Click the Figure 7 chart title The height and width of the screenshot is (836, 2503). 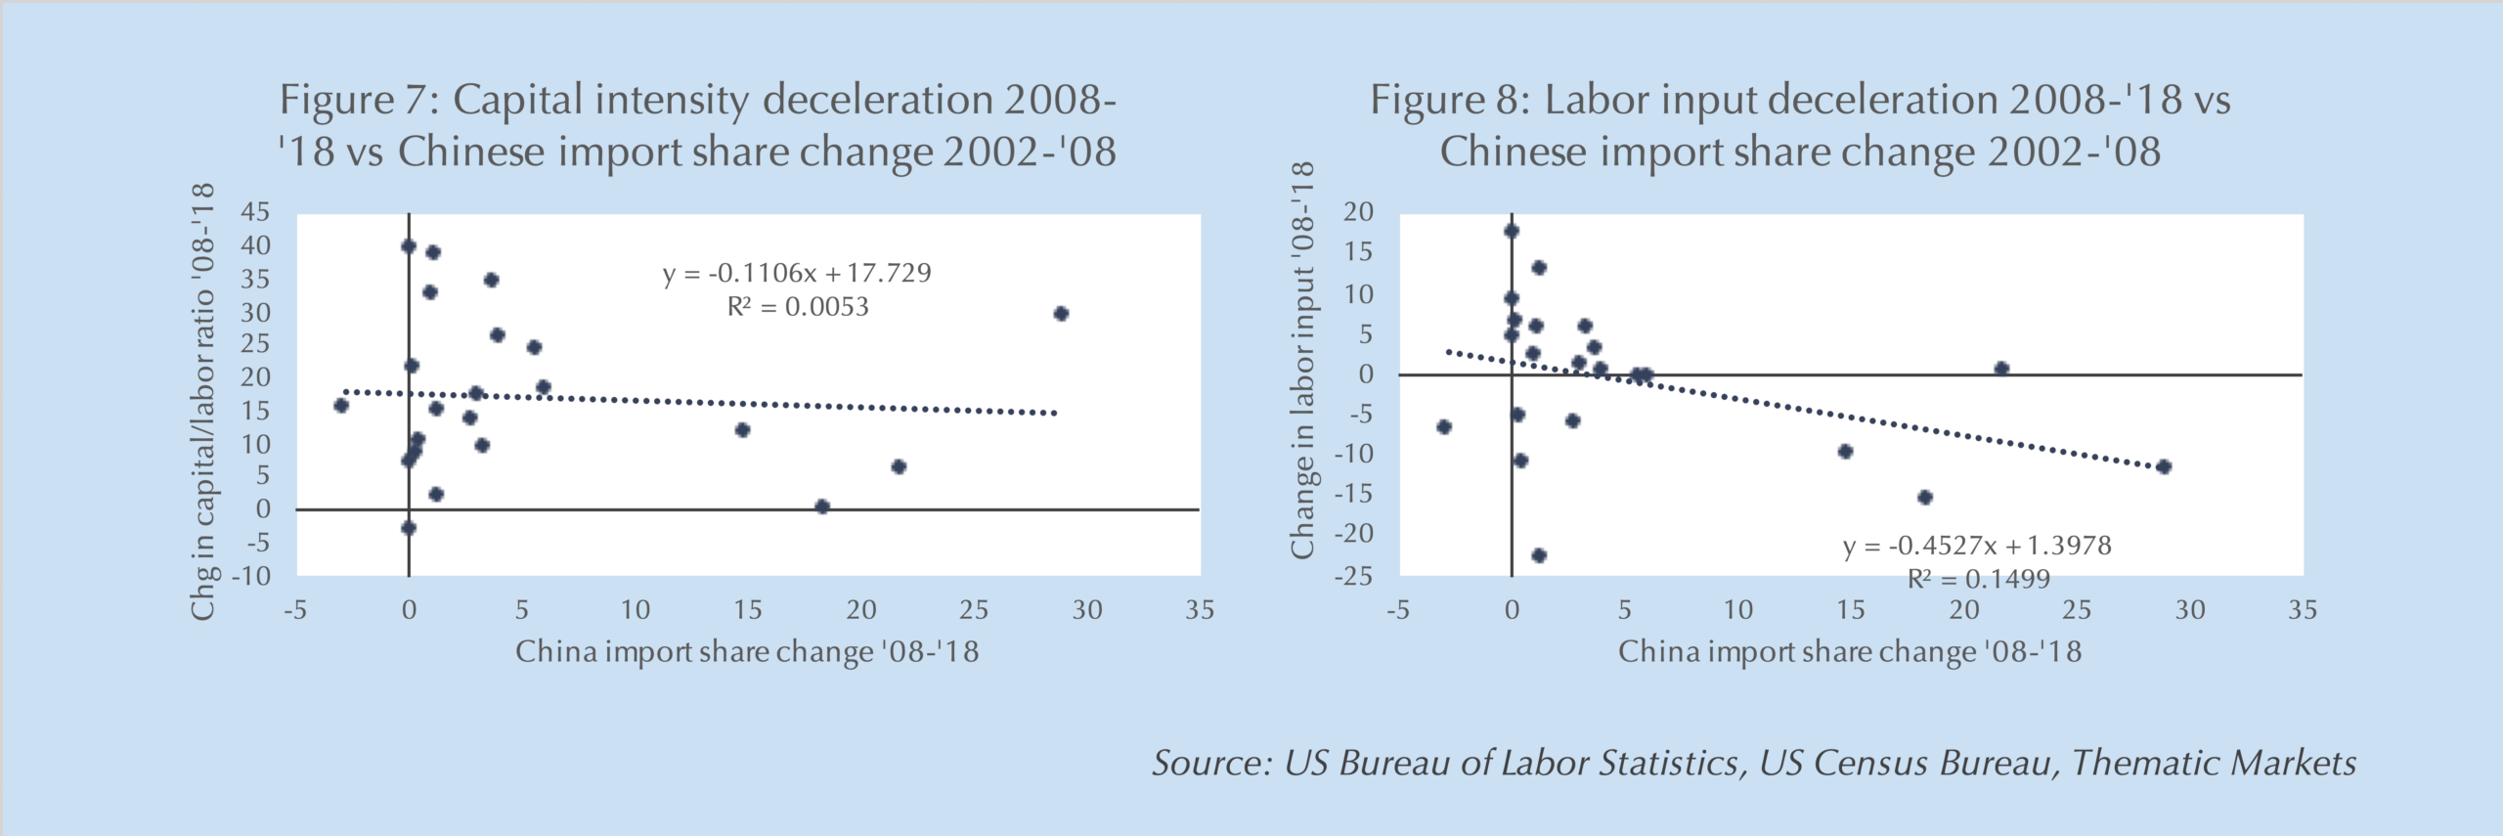pyautogui.click(x=697, y=125)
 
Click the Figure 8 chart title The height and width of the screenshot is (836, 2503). pyautogui.click(x=1800, y=125)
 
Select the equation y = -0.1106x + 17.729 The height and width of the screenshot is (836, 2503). pyautogui.click(x=797, y=273)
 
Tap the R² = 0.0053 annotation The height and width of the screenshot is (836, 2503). pyautogui.click(x=797, y=307)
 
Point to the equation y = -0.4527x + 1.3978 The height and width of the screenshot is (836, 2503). pyautogui.click(x=1977, y=546)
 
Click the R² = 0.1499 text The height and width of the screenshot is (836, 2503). pyautogui.click(x=1978, y=579)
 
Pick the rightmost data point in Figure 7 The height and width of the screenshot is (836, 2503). pyautogui.click(x=1061, y=314)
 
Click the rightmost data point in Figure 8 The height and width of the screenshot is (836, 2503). pyautogui.click(x=2164, y=467)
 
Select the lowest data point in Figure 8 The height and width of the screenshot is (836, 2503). pyautogui.click(x=1539, y=555)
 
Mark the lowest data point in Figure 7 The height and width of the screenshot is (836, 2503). pyautogui.click(x=409, y=528)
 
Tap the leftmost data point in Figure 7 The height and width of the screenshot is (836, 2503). pyautogui.click(x=341, y=406)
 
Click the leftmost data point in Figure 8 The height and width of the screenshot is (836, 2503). pyautogui.click(x=1444, y=427)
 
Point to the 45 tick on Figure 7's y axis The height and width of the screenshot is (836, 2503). pyautogui.click(x=255, y=212)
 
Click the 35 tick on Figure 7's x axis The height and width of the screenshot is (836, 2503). pyautogui.click(x=1200, y=610)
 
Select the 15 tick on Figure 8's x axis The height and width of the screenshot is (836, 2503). pyautogui.click(x=1850, y=610)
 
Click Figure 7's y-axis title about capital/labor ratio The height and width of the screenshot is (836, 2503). pyautogui.click(x=202, y=401)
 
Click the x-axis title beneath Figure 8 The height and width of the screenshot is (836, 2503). pyautogui.click(x=1849, y=652)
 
